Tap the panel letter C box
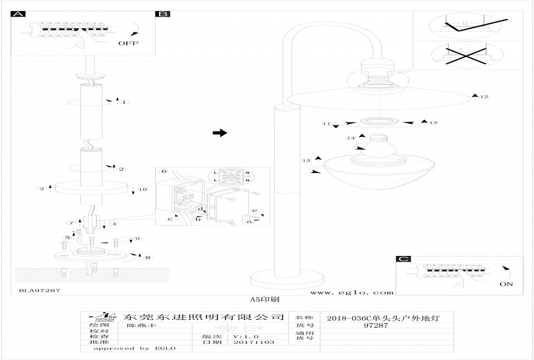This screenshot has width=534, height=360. pos(403,259)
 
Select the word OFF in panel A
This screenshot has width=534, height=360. pos(128,43)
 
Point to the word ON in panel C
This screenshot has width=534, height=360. pos(506,284)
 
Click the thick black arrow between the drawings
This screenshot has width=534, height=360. pos(221,132)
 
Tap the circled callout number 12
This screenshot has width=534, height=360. pos(484,97)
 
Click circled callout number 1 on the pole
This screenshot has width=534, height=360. pos(125,102)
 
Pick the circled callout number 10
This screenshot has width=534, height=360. pos(143,190)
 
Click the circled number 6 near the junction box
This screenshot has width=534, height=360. pos(164,171)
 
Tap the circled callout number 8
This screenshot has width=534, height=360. pos(147,258)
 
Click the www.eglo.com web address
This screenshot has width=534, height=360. pos(352,292)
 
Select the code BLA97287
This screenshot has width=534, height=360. pos(39,290)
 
